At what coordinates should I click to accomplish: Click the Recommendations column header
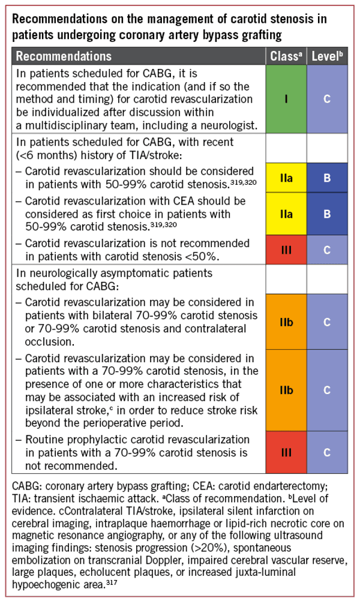64,56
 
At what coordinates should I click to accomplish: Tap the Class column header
286,56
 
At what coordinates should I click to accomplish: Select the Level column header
327,56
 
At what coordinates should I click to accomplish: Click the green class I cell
286,99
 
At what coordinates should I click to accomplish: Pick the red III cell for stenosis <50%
286,250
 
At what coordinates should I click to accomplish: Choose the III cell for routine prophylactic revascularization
286,452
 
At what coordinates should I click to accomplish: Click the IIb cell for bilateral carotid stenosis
286,322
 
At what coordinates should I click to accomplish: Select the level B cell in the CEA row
327,214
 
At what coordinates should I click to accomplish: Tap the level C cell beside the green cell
327,99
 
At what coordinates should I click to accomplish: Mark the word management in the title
138,19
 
